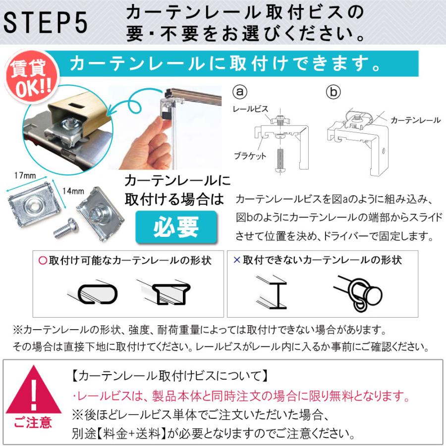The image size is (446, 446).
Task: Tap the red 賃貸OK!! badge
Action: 27,79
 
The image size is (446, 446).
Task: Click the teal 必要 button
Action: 176,226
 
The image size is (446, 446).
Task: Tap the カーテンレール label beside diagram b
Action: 415,120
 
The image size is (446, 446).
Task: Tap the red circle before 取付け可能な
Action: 42,260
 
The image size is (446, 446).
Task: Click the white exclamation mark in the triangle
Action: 33,391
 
